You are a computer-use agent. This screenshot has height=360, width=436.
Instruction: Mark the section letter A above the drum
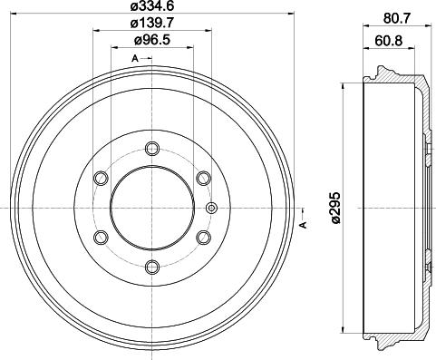(x=135, y=59)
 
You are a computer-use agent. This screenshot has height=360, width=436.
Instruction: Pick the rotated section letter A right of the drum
(x=303, y=225)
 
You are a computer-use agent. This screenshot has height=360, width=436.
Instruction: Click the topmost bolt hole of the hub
(x=151, y=150)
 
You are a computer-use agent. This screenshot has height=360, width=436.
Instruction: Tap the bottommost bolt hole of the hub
(x=151, y=266)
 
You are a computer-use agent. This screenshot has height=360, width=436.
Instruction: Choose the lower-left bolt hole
(x=102, y=237)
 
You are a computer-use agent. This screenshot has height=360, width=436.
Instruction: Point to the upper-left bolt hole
(x=102, y=178)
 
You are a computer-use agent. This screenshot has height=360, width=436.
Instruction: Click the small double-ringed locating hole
(x=212, y=209)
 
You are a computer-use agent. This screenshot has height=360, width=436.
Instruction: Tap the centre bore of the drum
(x=151, y=208)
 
